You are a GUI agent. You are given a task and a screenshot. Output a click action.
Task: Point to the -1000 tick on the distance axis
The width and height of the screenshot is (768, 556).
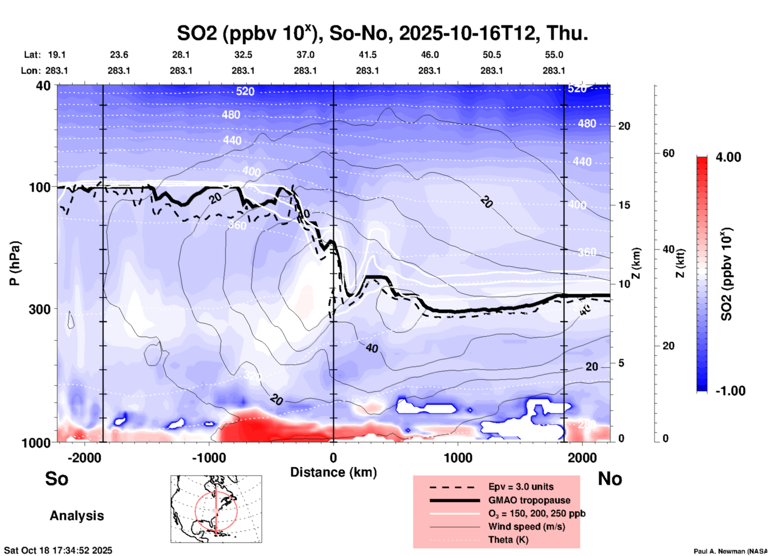[209, 458]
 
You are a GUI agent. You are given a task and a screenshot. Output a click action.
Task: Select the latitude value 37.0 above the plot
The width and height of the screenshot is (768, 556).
[305, 55]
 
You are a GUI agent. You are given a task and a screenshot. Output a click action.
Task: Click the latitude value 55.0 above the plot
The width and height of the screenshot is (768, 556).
[553, 55]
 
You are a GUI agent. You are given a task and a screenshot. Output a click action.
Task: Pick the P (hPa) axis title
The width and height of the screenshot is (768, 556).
[15, 263]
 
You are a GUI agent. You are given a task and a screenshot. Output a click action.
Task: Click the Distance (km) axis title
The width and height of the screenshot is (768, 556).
[333, 472]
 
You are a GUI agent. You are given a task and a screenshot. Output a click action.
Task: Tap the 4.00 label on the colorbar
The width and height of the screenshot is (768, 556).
[728, 157]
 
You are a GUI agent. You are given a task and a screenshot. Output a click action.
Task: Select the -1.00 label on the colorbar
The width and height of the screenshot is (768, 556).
[730, 391]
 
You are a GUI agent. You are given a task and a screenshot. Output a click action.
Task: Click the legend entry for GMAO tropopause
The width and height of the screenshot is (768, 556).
[529, 500]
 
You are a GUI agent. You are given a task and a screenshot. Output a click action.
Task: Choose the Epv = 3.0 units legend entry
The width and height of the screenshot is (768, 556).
[521, 487]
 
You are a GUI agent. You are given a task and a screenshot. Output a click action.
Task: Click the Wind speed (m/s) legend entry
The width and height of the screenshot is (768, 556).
[526, 526]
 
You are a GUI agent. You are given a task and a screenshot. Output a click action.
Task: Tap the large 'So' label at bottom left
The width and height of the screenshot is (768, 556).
[57, 479]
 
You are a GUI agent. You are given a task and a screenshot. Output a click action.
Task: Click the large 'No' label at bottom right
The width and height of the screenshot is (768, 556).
[610, 479]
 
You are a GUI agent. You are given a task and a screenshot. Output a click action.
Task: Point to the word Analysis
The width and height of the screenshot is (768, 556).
[77, 516]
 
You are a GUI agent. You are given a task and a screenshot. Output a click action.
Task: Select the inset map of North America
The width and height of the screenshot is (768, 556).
[216, 509]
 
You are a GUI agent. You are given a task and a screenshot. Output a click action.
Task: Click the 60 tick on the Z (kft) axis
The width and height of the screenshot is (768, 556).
[668, 153]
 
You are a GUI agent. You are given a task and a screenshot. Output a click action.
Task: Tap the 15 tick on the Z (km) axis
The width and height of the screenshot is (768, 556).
[624, 205]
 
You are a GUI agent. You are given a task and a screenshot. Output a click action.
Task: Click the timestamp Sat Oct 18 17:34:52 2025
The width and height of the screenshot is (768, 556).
[58, 551]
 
